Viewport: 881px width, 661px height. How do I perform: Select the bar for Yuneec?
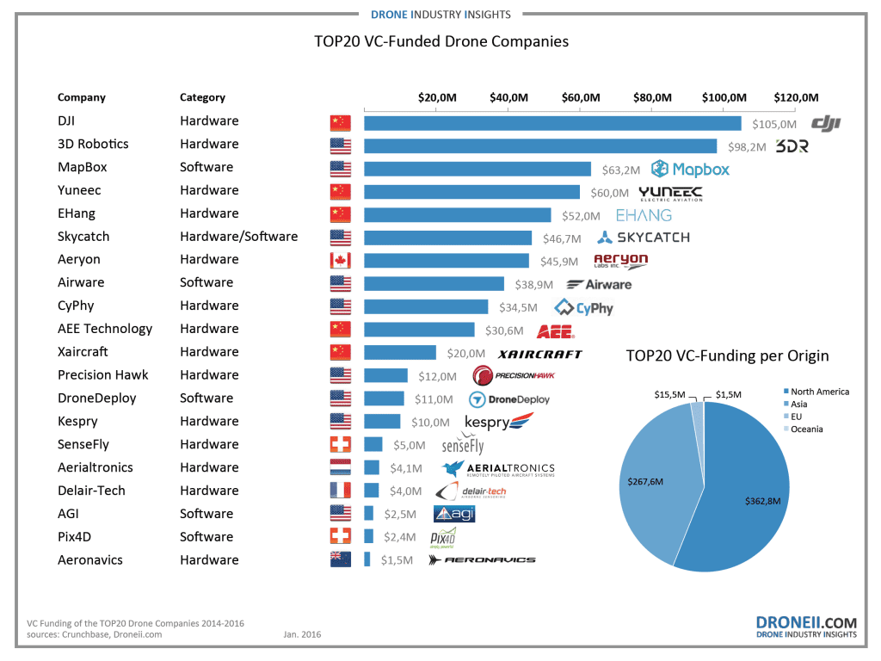point(471,191)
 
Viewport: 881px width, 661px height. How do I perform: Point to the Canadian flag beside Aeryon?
point(341,261)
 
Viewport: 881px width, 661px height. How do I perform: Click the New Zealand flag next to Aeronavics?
point(341,560)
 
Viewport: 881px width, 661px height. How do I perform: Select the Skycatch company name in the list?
point(83,237)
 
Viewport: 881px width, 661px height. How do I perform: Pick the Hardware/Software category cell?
point(238,237)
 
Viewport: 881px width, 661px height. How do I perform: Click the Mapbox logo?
point(690,169)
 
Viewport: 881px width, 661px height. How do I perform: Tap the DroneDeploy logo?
point(508,399)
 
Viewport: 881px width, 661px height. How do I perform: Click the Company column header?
point(82,98)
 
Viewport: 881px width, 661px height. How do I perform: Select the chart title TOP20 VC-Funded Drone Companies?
point(441,41)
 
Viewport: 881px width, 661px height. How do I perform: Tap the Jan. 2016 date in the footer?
point(303,634)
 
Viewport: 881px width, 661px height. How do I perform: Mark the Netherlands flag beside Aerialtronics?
point(341,468)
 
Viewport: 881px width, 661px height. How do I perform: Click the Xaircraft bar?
point(400,353)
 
